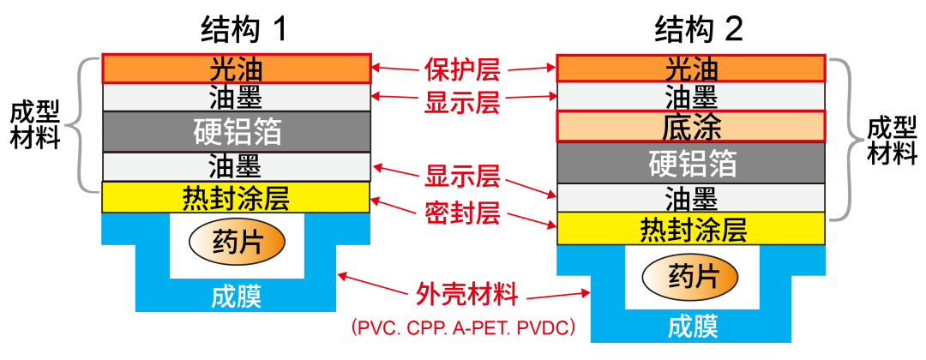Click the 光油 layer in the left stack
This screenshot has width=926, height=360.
[236, 69]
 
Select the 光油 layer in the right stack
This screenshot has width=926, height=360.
[691, 69]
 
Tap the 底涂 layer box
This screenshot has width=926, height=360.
[691, 127]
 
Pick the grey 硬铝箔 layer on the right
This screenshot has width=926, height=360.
[691, 163]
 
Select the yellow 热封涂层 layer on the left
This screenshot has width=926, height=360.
[236, 198]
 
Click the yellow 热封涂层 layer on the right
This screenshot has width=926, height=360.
[691, 230]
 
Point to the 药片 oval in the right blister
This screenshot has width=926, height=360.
[691, 276]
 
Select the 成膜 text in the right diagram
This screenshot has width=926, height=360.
[691, 327]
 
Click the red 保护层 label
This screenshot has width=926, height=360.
[462, 69]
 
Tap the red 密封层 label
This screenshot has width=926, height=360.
[462, 213]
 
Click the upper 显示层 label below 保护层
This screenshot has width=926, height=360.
[462, 103]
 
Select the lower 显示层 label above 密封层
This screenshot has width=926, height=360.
[462, 179]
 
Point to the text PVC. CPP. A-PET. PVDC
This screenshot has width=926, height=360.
[462, 327]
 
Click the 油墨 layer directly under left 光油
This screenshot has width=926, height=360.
[236, 97]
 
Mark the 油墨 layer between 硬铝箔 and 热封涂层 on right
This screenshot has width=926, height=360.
[691, 198]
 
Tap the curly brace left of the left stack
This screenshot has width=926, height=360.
[75, 126]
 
